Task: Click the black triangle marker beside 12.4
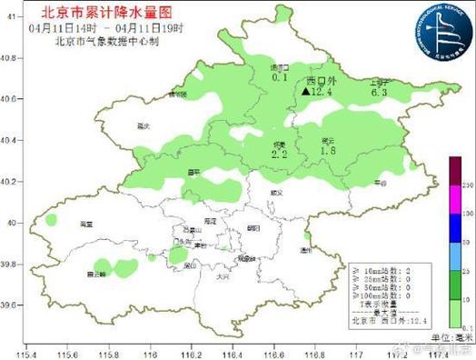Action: pos(304,92)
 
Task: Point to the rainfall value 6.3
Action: pos(379,92)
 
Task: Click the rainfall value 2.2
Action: pos(279,155)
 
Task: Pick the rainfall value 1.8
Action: pos(328,151)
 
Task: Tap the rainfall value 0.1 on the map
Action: pos(280,79)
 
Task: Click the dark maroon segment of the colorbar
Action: pos(454,170)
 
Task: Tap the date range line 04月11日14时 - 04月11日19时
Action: pos(98,26)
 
